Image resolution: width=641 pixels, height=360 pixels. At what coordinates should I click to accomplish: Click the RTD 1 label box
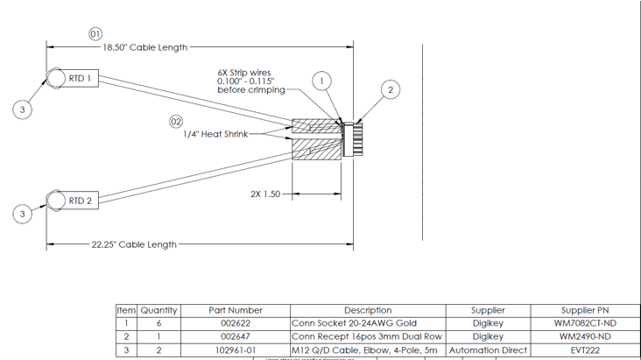click(x=81, y=79)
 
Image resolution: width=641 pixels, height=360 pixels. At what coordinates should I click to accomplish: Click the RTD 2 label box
click(x=81, y=201)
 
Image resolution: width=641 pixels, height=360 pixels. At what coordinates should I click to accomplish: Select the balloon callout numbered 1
click(x=321, y=81)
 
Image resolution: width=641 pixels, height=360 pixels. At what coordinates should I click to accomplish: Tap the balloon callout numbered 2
click(x=391, y=89)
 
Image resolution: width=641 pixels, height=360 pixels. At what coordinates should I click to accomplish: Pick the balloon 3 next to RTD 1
click(x=23, y=109)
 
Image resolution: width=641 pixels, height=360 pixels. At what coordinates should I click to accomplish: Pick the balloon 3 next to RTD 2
click(x=23, y=214)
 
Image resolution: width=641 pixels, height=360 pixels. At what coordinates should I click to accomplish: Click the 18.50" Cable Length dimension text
click(x=145, y=47)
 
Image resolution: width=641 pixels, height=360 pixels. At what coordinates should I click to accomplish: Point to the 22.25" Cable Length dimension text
click(x=134, y=244)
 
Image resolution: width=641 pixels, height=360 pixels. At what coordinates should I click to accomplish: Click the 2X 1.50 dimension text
click(x=265, y=194)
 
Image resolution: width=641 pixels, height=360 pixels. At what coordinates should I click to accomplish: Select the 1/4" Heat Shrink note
click(x=215, y=134)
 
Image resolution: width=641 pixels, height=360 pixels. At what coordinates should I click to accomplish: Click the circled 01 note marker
click(x=95, y=33)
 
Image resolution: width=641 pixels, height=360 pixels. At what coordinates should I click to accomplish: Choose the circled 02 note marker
click(x=176, y=121)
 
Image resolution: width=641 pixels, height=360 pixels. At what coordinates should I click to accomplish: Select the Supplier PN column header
click(x=585, y=310)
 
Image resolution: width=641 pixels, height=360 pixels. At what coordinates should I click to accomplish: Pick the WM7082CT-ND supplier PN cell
click(x=585, y=323)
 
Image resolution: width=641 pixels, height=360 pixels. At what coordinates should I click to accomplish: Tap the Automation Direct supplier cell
click(x=488, y=349)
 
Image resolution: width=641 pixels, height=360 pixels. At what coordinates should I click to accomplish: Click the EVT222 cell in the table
click(x=585, y=349)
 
